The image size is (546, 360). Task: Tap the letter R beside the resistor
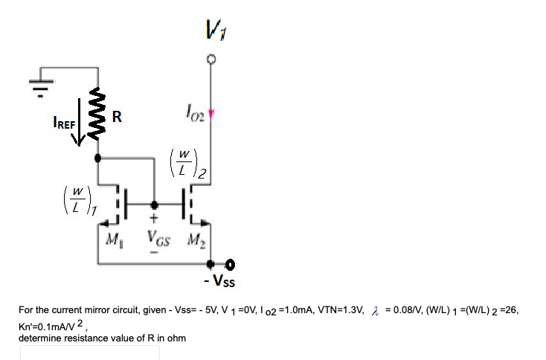click(118, 117)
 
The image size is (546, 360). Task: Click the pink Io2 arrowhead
click(211, 114)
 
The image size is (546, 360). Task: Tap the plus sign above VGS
click(154, 220)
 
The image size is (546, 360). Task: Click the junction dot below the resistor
click(99, 158)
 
